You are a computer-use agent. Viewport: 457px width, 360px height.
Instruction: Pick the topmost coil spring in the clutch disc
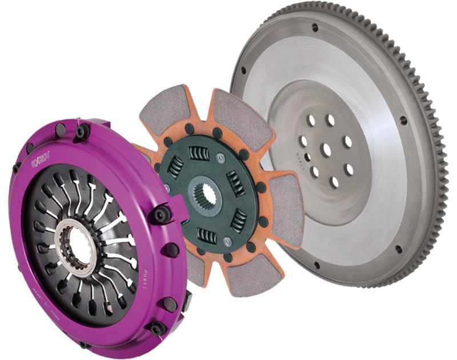click(x=199, y=154)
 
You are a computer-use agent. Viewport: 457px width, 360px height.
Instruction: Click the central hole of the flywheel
click(x=325, y=150)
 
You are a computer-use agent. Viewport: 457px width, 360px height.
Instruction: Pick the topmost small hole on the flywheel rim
click(x=315, y=27)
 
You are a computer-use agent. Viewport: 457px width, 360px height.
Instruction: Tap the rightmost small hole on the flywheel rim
click(x=403, y=121)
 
